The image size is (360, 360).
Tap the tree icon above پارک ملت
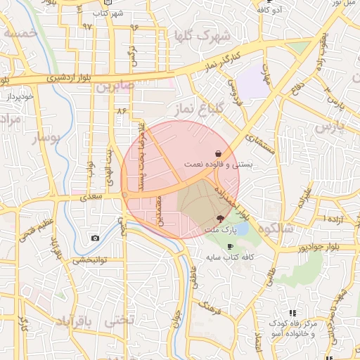[x=221, y=219]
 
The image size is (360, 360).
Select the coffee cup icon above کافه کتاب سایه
[x=231, y=246]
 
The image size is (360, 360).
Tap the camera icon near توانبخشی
[x=95, y=238]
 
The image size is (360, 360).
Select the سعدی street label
[x=91, y=197]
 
